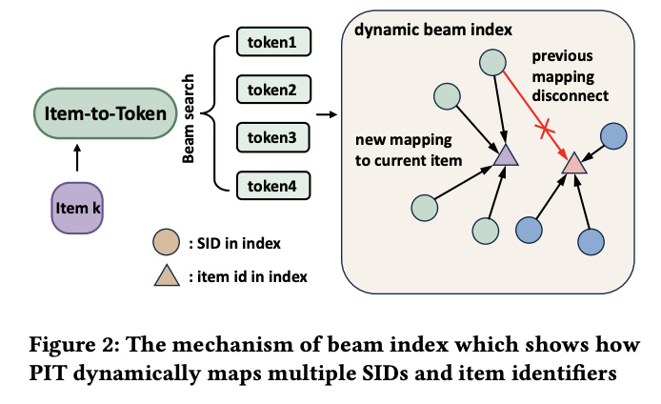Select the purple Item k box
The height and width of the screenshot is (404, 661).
tap(76, 207)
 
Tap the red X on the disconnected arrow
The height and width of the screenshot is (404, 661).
tap(544, 131)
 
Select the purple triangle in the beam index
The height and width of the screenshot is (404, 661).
tap(504, 154)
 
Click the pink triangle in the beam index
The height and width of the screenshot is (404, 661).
tap(573, 163)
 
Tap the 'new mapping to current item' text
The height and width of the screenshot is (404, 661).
tap(411, 150)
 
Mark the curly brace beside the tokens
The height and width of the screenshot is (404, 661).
tap(213, 115)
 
